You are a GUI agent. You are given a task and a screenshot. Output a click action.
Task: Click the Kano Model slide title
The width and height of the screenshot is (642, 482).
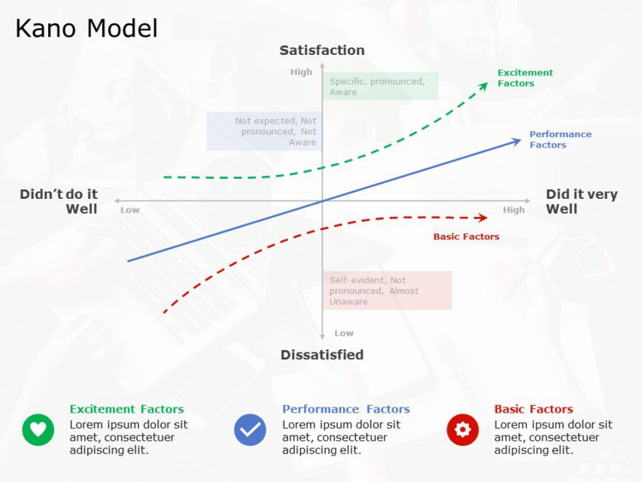tap(87, 29)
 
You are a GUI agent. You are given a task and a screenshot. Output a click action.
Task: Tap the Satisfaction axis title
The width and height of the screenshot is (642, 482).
tap(322, 50)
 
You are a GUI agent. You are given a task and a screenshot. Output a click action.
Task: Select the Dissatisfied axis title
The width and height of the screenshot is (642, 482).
tap(322, 355)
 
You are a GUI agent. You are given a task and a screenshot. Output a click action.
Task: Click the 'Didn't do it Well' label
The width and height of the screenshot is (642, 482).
tap(59, 202)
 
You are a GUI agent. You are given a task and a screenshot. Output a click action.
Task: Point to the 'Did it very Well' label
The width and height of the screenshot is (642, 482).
tap(581, 202)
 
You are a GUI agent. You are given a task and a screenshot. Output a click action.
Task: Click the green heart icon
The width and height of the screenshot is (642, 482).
tap(38, 429)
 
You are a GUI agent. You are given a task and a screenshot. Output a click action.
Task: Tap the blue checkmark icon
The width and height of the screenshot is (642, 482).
tap(250, 429)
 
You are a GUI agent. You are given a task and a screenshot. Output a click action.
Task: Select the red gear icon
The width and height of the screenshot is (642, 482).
tap(462, 429)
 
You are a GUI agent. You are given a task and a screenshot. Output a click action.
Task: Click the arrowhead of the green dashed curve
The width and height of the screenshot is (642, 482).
tap(484, 85)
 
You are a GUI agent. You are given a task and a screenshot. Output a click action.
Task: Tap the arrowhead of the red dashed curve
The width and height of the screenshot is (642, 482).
tap(483, 218)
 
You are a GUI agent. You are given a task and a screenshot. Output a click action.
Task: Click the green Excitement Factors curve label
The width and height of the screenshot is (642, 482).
tap(525, 78)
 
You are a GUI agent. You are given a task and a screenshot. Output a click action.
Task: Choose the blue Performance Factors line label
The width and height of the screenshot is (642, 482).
tap(560, 139)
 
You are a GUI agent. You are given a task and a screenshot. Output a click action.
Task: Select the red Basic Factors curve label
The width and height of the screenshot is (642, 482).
tap(466, 236)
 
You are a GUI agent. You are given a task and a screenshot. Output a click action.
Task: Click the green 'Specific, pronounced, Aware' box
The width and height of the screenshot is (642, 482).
tap(379, 87)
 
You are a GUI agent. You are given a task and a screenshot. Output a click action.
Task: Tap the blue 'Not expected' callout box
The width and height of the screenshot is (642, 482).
tap(264, 131)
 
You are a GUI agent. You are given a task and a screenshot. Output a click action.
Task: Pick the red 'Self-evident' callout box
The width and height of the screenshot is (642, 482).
tap(387, 291)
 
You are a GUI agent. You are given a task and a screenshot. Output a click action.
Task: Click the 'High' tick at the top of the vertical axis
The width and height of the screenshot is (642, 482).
tap(301, 72)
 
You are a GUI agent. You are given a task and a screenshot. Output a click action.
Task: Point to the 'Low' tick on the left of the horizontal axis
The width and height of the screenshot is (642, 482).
tap(130, 210)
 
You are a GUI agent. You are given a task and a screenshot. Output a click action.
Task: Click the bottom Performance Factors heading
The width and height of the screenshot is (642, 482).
tap(345, 410)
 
